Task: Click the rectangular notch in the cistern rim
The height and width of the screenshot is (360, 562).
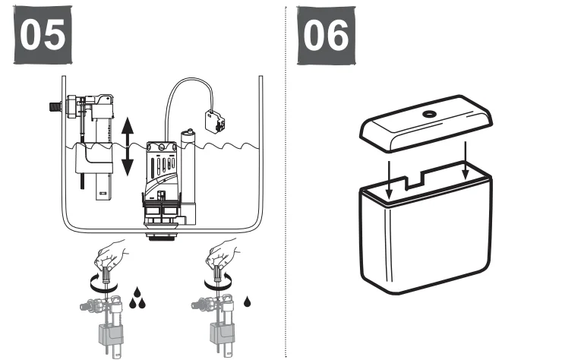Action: (415, 183)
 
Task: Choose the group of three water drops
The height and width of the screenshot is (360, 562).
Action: (137, 299)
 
